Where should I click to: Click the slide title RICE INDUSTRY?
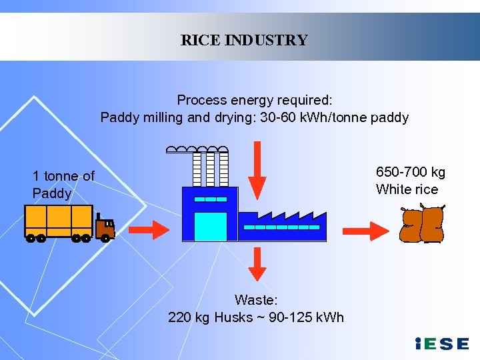point(244,40)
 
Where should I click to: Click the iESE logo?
point(441,344)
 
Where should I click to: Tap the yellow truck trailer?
point(59,221)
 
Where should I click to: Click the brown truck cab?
point(105,227)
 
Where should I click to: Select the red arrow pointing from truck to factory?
point(149,230)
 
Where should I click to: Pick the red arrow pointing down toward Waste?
point(257,264)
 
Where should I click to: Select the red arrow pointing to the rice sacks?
point(370,230)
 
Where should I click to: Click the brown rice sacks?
point(421,225)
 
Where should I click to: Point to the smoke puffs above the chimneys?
point(197,149)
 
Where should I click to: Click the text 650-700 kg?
point(411,173)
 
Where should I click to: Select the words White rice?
point(407,189)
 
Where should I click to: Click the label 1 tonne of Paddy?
point(63,185)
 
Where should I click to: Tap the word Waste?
point(256,301)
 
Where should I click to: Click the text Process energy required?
point(255,100)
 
